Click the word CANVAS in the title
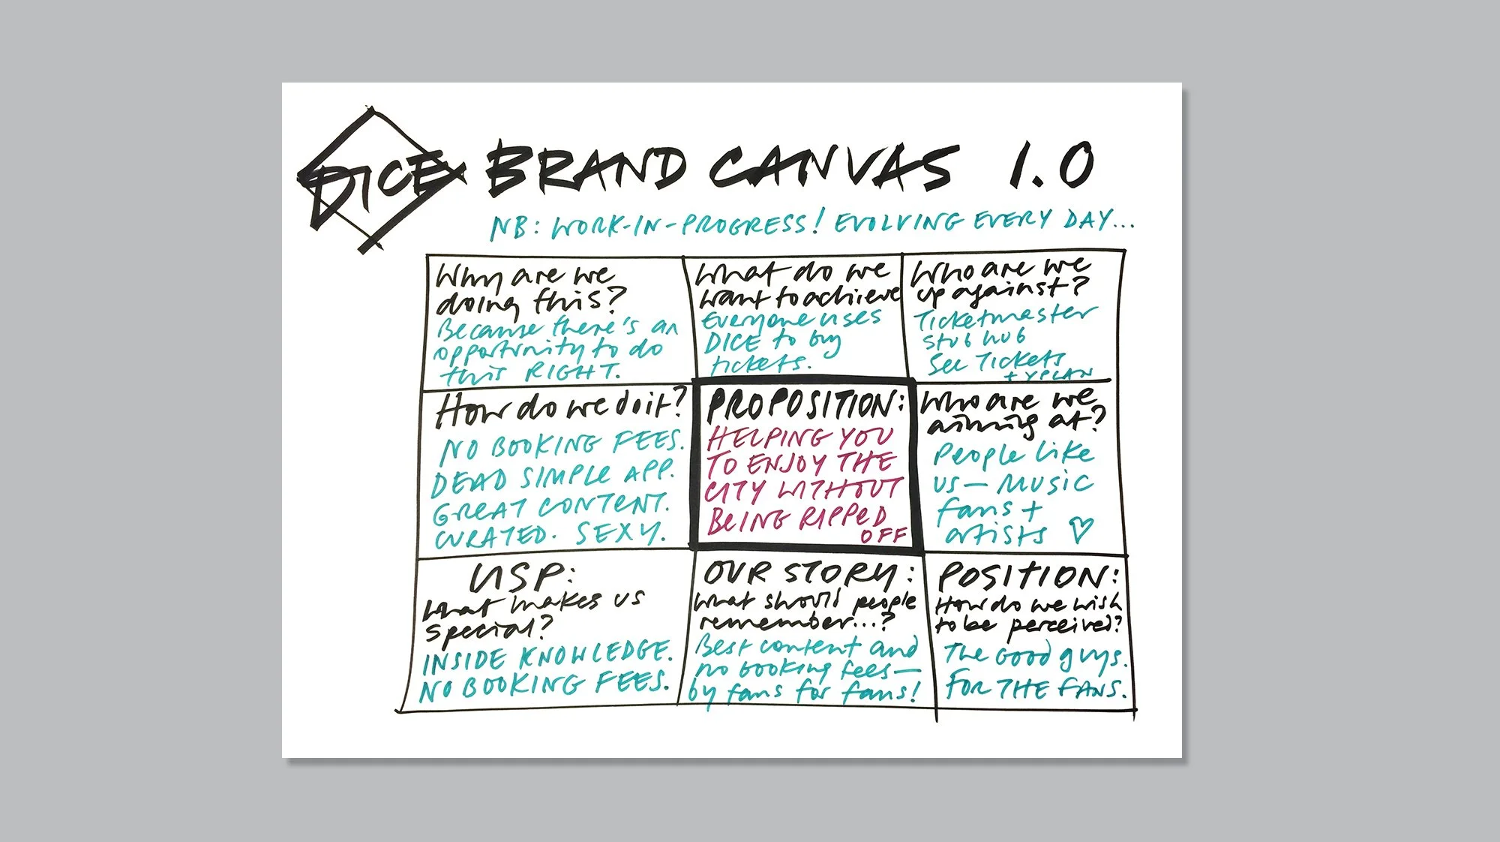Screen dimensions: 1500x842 click(832, 167)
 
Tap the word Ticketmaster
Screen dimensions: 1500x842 click(1005, 317)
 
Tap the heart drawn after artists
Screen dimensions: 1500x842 click(1081, 530)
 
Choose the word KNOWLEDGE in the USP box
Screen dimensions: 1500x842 click(592, 655)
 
